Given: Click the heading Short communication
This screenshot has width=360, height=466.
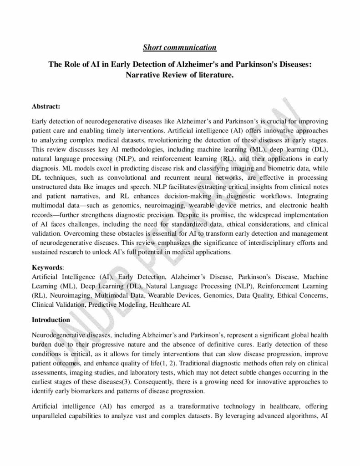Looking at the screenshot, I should coord(180,47).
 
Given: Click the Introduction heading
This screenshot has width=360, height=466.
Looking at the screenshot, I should coord(51,319).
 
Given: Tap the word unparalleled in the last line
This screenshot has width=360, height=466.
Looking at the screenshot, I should coord(51,401).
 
